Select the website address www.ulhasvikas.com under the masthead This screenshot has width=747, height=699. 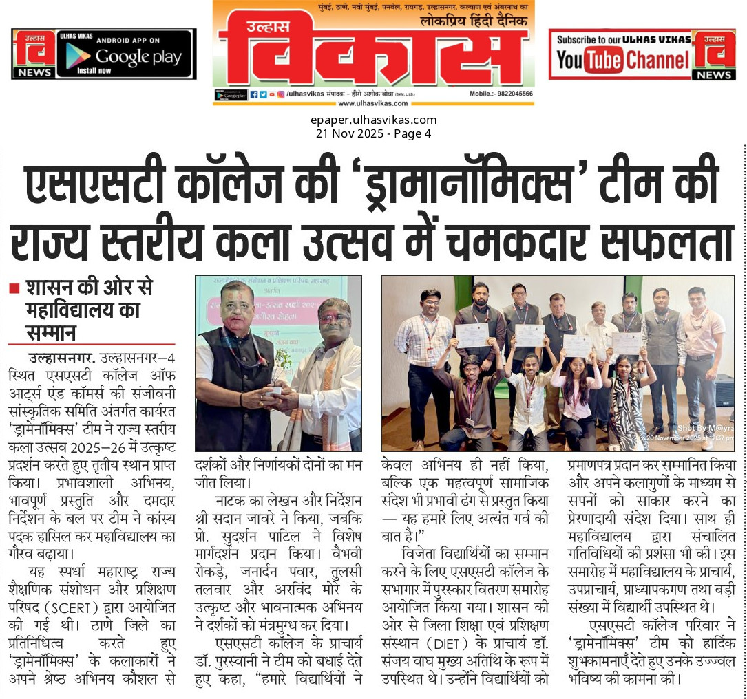pos(372,103)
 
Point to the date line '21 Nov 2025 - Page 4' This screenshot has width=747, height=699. pos(372,133)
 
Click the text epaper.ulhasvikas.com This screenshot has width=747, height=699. pos(372,120)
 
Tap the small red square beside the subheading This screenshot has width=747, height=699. pos(14,289)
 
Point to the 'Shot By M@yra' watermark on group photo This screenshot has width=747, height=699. pos(702,428)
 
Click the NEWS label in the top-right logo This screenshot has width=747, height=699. pos(714,75)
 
